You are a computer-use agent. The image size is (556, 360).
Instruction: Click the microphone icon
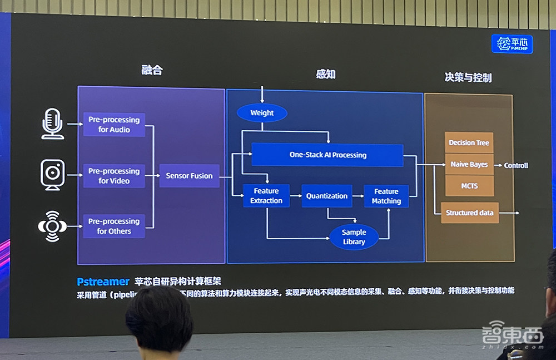(53, 124)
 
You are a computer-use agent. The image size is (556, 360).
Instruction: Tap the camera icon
(53, 174)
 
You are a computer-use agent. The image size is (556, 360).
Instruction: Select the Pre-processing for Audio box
(114, 125)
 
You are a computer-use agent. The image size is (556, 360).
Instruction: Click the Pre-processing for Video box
(114, 176)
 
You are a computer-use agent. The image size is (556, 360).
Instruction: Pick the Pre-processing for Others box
(114, 226)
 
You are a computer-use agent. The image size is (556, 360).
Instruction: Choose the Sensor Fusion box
(189, 176)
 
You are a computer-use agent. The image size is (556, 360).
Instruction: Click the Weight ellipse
(262, 113)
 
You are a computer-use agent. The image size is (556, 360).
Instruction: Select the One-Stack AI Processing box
(327, 155)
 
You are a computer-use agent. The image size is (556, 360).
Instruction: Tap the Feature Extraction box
(266, 196)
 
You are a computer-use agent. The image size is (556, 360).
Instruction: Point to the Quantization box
(327, 196)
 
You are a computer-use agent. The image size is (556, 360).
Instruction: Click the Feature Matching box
(386, 196)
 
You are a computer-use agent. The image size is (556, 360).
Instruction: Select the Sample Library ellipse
(354, 236)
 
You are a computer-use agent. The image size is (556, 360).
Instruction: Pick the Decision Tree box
(469, 143)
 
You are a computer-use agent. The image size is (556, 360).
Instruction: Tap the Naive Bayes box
(469, 165)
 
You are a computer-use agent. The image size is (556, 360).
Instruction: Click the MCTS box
(469, 186)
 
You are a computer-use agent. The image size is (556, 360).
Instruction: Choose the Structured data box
(470, 213)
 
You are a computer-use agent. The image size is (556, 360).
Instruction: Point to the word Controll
(516, 165)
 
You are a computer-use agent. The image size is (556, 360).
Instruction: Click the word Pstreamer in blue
(103, 282)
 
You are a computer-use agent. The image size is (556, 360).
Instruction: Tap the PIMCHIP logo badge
(512, 44)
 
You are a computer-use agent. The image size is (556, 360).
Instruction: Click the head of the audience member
(159, 319)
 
